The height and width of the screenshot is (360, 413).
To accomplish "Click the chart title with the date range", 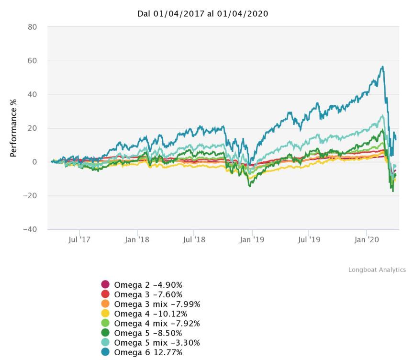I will (203, 14).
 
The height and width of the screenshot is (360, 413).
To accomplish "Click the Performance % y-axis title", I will (14, 128).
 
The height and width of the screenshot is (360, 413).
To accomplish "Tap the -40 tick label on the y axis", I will (30, 229).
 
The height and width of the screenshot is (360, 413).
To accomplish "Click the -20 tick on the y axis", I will (30, 196).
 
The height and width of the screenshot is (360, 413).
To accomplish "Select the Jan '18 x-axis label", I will (137, 239).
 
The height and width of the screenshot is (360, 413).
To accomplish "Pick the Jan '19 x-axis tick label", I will (252, 239).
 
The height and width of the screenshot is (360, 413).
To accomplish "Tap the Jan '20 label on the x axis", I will (367, 239).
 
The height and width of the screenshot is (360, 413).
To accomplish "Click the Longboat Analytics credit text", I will (377, 270).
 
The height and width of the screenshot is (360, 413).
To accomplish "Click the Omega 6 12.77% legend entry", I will (148, 353).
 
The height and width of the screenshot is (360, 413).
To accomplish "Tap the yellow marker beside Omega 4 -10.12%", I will (105, 314).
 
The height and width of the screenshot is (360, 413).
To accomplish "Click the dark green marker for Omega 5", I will (105, 333).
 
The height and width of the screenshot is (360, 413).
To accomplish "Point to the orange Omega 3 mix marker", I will (105, 304).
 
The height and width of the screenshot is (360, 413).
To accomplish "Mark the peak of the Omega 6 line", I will (382, 67).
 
